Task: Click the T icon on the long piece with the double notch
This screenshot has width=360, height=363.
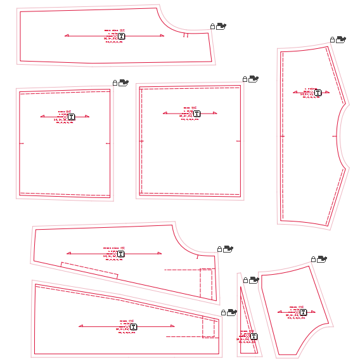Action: click(x=121, y=37)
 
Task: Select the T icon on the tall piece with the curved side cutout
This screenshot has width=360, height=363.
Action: click(x=318, y=93)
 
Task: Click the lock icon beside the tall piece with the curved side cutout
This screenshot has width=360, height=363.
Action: click(x=332, y=40)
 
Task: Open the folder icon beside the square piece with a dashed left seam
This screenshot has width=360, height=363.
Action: click(x=254, y=79)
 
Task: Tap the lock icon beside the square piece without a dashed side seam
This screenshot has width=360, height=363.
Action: click(x=115, y=82)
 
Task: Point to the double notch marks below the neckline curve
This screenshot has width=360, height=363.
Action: click(x=185, y=36)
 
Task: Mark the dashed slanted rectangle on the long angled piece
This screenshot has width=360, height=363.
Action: click(x=89, y=270)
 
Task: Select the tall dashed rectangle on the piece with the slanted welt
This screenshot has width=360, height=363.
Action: click(x=206, y=283)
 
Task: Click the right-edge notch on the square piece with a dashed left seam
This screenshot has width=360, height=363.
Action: click(x=238, y=140)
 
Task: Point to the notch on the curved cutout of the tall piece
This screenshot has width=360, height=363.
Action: click(x=336, y=136)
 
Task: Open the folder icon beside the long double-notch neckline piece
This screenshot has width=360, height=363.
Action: click(x=221, y=26)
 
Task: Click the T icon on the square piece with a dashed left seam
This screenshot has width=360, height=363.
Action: click(x=196, y=114)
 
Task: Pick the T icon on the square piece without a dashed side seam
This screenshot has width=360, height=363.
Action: click(x=71, y=117)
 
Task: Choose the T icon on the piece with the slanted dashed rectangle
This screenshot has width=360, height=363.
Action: click(x=120, y=254)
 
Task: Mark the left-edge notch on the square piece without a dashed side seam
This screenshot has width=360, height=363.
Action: click(x=22, y=143)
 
